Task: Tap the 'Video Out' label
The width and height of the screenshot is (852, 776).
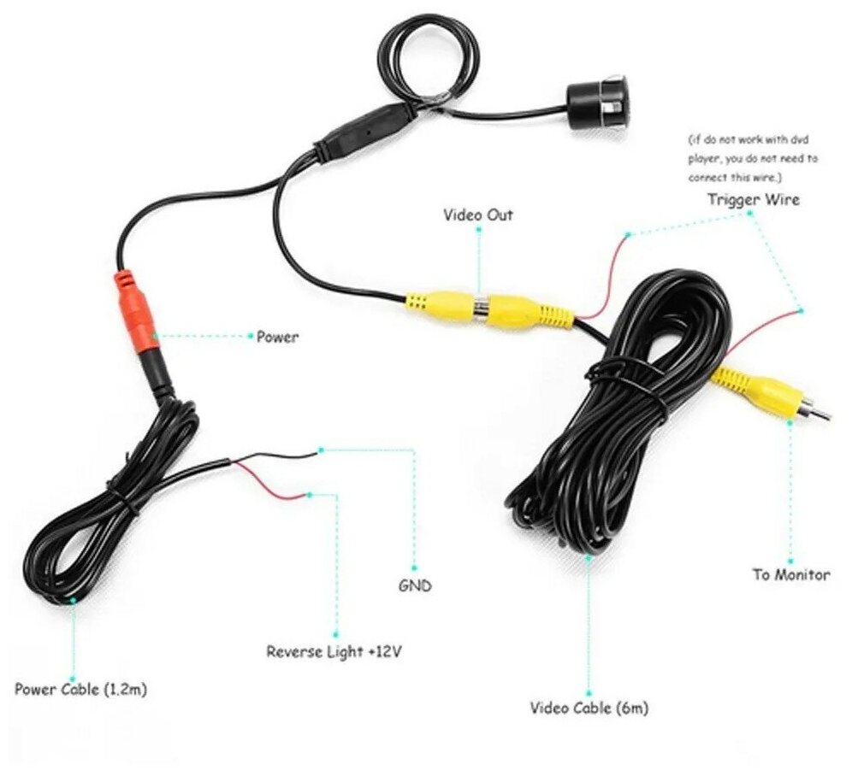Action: tap(478, 215)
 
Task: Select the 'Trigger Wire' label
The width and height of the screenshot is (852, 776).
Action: tap(753, 200)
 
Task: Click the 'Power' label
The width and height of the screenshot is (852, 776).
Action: tap(278, 337)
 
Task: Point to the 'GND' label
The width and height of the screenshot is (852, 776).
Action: tap(415, 586)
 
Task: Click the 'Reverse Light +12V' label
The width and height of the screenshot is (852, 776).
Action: tap(334, 652)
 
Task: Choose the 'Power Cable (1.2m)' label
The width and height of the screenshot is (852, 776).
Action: tap(75, 689)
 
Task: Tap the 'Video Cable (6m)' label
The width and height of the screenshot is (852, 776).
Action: tap(589, 708)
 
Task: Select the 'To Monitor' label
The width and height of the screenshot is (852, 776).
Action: tap(790, 574)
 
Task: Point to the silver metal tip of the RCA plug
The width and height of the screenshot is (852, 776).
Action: tap(818, 413)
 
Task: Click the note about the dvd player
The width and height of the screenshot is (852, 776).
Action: tap(753, 158)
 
